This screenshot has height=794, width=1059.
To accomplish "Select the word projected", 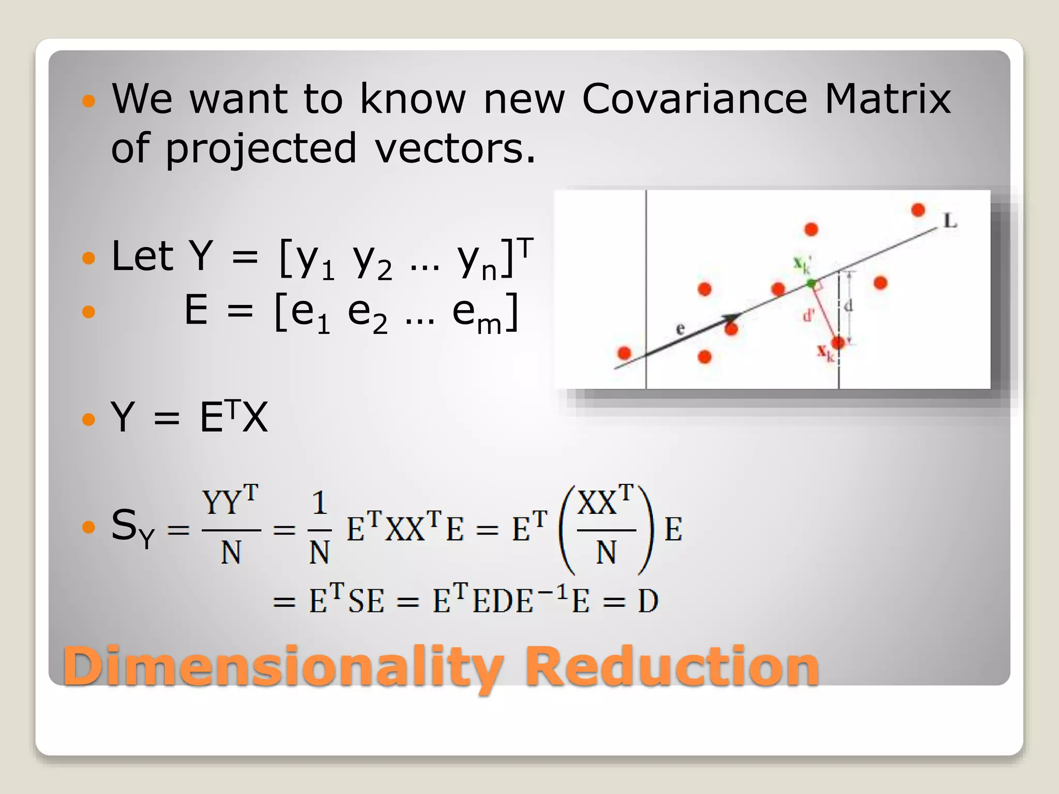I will coord(261,149).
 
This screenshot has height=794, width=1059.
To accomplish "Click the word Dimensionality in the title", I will coord(282,667).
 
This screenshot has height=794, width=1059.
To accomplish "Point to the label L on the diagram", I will coord(950,221).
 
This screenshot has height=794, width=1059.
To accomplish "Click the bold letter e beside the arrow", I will coord(680,328).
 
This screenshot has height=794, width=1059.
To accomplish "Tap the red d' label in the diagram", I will coord(808,315).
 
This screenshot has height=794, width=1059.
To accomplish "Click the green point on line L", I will coord(811,283).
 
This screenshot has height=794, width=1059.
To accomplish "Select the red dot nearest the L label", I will coord(918,210).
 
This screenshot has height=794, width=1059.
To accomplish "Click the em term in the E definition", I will coord(476,314).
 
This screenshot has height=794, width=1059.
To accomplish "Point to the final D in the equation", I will coord(648,601).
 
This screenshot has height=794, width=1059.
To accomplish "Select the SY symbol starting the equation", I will coord(132,527).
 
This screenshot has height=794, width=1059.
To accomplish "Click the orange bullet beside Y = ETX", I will coord(89,419).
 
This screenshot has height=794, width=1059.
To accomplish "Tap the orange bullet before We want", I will coord(89,100).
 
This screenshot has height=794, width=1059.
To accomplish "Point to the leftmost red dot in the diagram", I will coord(624,353).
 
